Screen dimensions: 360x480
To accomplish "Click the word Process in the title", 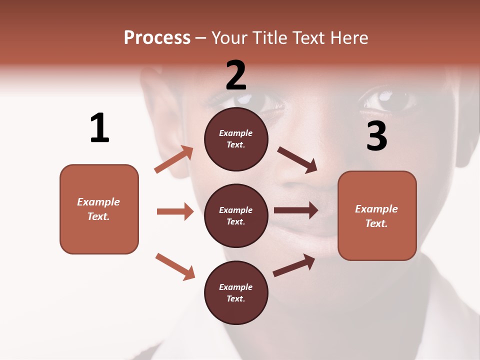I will click(157, 38).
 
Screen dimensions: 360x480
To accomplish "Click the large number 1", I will click(99, 128).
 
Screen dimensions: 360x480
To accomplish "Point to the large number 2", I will click(236, 75).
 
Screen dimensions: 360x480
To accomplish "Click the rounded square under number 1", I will click(99, 209).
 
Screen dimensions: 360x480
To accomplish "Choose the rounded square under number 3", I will click(377, 215).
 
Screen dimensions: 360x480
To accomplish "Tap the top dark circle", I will click(236, 138).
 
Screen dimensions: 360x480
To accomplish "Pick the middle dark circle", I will click(236, 215).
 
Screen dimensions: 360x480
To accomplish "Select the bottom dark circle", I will click(236, 292).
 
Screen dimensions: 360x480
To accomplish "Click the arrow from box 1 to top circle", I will click(174, 159).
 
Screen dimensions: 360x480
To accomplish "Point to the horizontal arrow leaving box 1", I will click(175, 211).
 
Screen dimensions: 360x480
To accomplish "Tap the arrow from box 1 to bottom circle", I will click(175, 266).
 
